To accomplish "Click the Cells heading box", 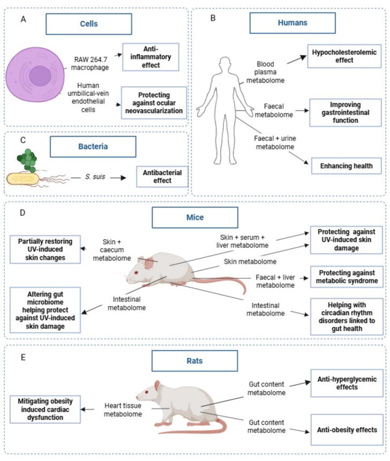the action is (x=89, y=24).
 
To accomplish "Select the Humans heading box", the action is (x=292, y=22).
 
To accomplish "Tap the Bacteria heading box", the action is (x=93, y=146).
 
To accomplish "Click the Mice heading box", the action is (x=195, y=217).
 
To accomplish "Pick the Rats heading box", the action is (x=194, y=361).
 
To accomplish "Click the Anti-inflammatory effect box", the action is (x=151, y=57).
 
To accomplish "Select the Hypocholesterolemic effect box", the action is (x=344, y=56).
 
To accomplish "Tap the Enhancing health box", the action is (x=347, y=166).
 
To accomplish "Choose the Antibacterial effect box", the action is (x=162, y=176).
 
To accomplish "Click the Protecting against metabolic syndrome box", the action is (x=347, y=277).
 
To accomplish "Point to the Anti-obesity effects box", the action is (x=347, y=429).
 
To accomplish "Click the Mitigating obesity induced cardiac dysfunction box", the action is (x=45, y=409).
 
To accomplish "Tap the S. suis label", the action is (x=95, y=177).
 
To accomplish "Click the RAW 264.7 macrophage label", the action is (x=90, y=64).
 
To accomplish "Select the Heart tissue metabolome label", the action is (x=123, y=410).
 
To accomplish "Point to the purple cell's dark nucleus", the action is (x=40, y=76).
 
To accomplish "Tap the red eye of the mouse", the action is (x=136, y=273).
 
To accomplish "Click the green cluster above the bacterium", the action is (x=27, y=160).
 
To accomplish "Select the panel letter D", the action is (x=22, y=213).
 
